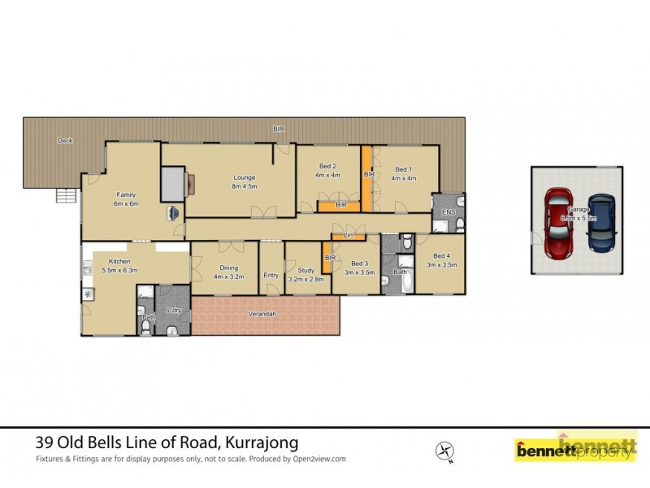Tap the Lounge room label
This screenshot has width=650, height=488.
[x=245, y=181]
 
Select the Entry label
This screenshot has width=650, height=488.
[x=271, y=275]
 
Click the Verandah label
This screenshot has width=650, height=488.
[x=265, y=314]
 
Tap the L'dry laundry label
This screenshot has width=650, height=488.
[x=173, y=312]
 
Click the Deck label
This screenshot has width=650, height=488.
[x=65, y=141]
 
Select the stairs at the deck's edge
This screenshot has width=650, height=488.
[x=66, y=196]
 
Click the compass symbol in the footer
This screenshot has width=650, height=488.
[x=444, y=449]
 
